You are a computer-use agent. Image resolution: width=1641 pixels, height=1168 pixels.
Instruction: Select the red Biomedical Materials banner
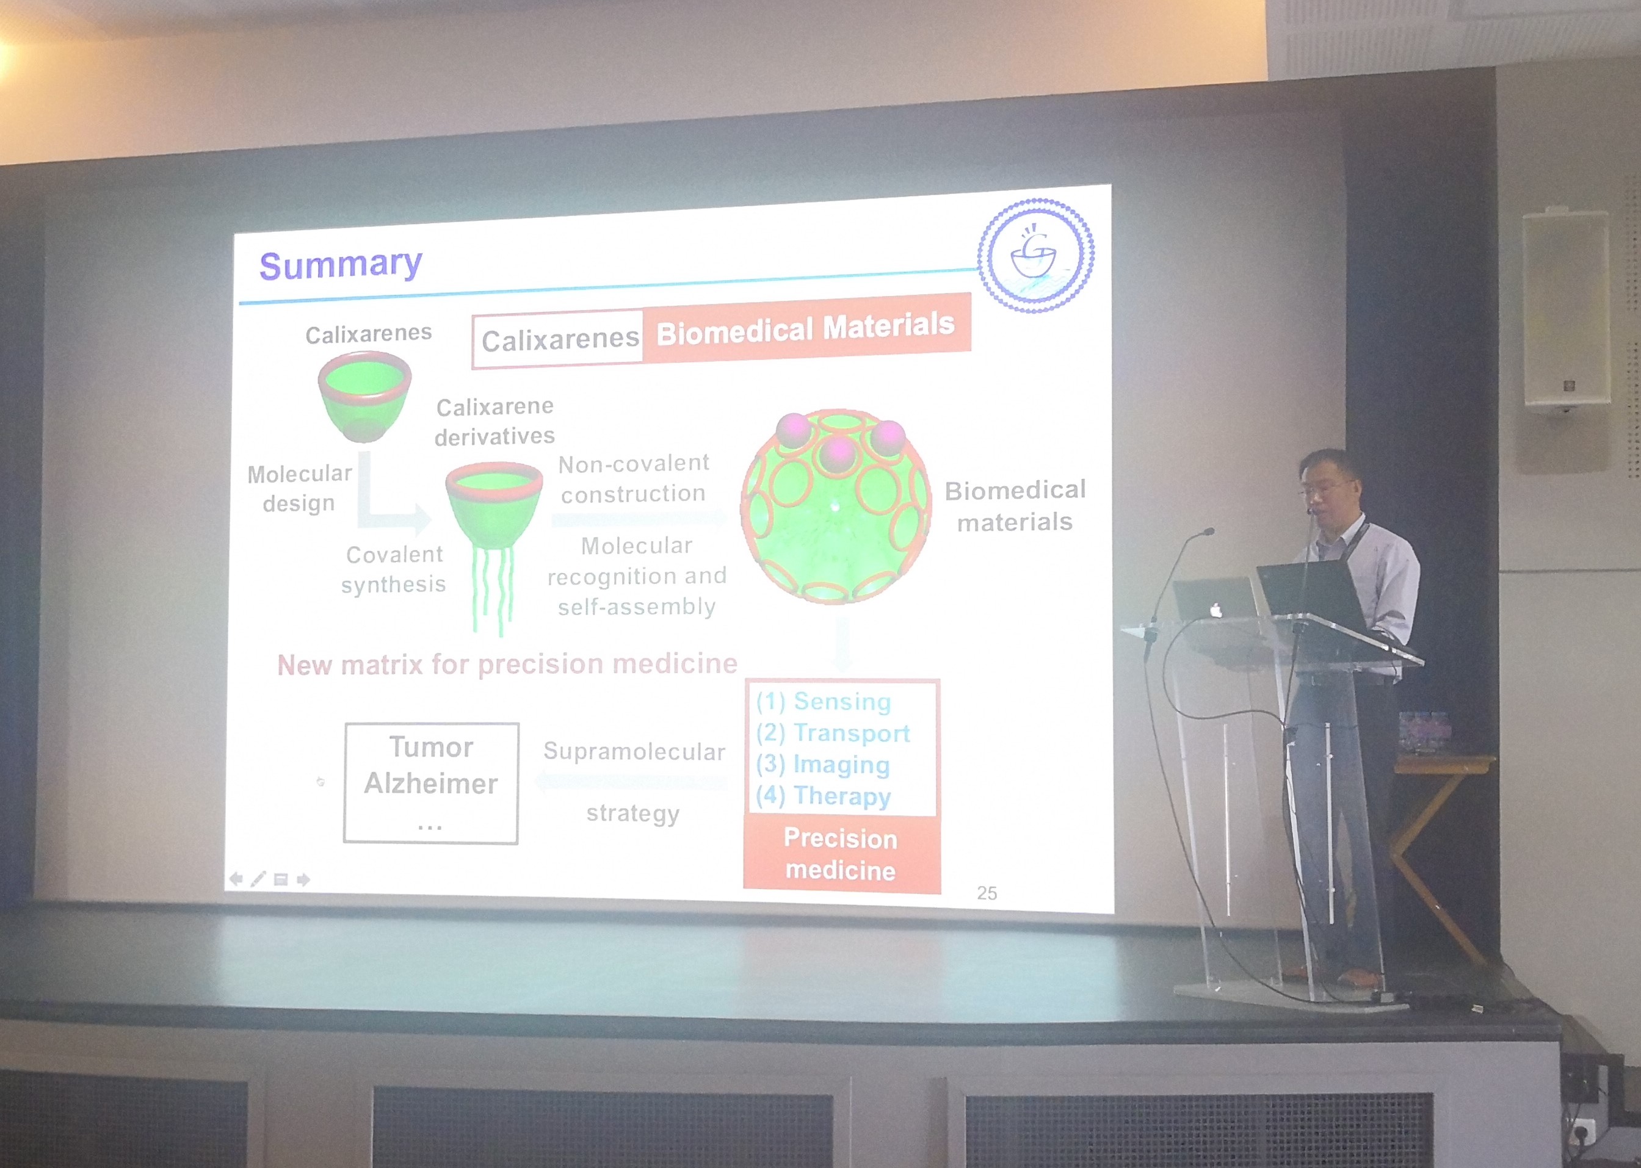(x=806, y=330)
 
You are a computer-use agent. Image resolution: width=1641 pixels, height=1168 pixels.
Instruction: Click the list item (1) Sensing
(x=824, y=701)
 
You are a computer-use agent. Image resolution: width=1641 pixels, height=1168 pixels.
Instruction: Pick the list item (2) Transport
(x=833, y=733)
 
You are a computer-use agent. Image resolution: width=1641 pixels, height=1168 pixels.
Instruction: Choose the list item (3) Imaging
(x=823, y=765)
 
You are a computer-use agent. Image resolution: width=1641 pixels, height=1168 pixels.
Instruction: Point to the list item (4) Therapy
(x=824, y=796)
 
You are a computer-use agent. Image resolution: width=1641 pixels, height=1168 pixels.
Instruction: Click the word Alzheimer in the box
(x=430, y=783)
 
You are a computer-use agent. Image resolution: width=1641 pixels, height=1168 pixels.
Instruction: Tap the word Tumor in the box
(x=431, y=748)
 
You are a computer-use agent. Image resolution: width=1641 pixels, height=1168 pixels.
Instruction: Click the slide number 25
(x=987, y=893)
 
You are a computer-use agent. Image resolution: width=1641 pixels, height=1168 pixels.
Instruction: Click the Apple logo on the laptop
(x=1216, y=611)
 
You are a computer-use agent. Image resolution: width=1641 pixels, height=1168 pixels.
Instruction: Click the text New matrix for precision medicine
(x=507, y=664)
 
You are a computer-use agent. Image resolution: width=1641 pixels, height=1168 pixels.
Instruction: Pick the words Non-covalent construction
(x=634, y=479)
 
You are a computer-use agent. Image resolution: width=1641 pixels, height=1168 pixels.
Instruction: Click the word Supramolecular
(x=634, y=752)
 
